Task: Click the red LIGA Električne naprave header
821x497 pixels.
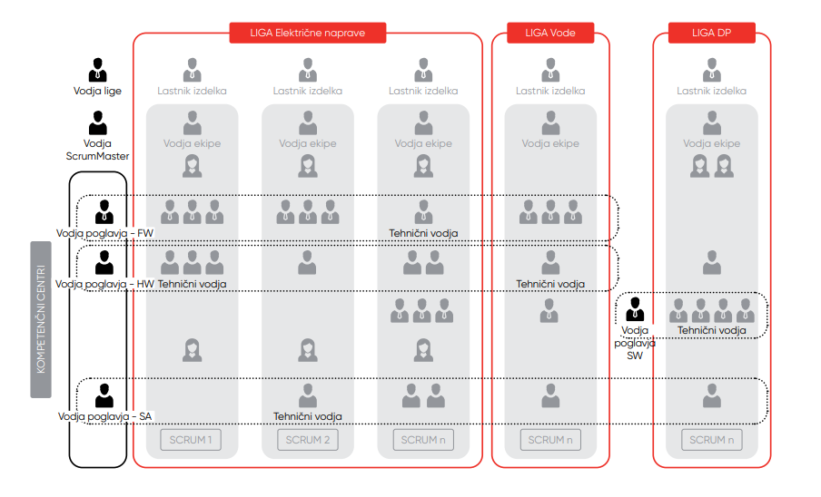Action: pos(308,34)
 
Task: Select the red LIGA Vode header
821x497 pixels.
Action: pos(550,34)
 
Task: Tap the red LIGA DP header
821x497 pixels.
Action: pos(711,34)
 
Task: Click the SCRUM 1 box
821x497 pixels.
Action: pos(192,440)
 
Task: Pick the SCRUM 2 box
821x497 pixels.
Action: pos(308,440)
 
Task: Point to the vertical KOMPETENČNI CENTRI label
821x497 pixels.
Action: pos(41,319)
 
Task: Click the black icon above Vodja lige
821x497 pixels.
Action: pos(97,70)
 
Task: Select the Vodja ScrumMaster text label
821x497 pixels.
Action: pos(97,150)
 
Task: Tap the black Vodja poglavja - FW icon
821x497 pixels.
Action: pos(104,211)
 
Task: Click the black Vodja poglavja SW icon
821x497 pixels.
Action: pos(635,309)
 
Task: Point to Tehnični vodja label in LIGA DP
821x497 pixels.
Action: pos(712,330)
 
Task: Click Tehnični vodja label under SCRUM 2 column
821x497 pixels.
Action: pos(308,416)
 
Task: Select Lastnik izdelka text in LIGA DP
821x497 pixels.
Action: pos(712,91)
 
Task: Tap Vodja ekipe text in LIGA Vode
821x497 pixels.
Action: pos(550,143)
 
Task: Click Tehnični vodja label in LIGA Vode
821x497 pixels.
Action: pos(550,284)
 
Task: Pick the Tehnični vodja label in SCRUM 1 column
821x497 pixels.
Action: pos(192,284)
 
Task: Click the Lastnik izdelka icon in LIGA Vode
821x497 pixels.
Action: pos(550,70)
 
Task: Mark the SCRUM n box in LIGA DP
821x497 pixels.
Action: pos(712,440)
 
